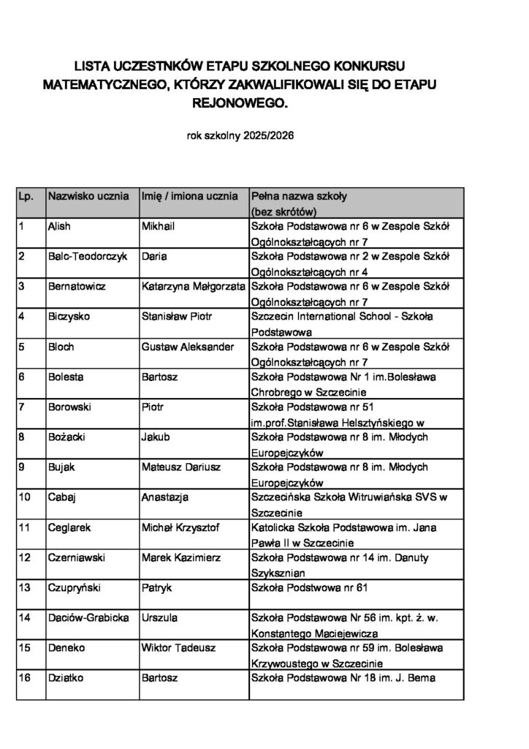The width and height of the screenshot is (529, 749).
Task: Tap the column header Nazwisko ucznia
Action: (x=88, y=197)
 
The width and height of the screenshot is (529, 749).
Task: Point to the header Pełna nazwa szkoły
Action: (x=299, y=197)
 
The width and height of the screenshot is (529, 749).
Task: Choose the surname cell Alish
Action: (x=59, y=227)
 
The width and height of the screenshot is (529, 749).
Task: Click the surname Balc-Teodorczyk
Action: (x=87, y=257)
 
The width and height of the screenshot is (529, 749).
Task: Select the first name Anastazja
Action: (x=165, y=497)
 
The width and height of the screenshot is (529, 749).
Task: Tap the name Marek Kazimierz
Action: (x=180, y=557)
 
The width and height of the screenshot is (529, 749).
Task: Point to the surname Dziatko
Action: (x=66, y=678)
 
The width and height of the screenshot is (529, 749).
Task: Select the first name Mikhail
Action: (x=158, y=227)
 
